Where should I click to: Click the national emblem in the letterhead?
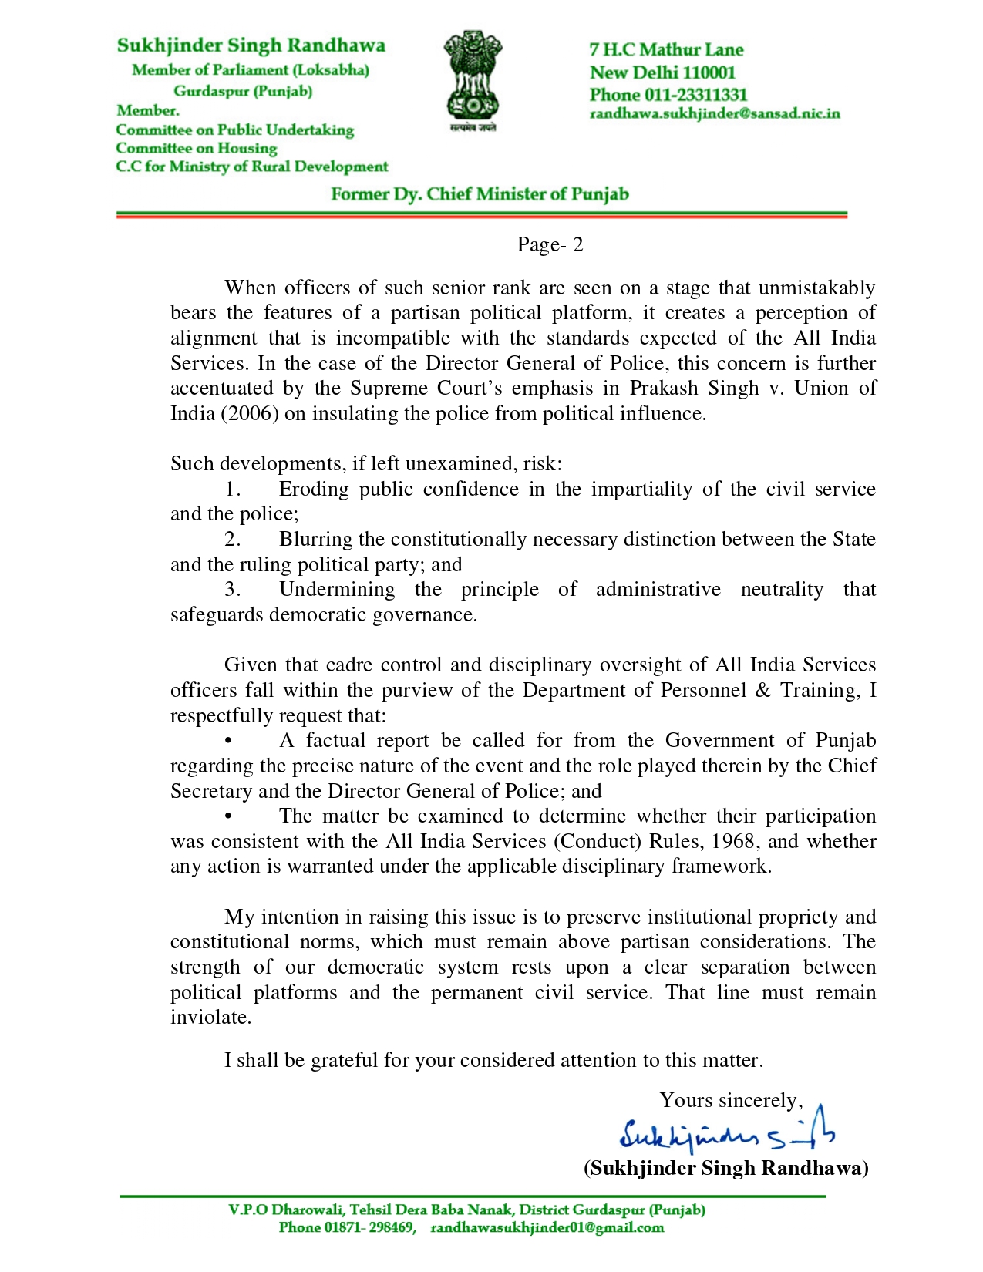click(x=472, y=80)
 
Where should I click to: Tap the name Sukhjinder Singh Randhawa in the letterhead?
click(x=251, y=45)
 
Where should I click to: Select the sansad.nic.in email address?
click(x=714, y=114)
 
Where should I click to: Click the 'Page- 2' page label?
click(x=550, y=245)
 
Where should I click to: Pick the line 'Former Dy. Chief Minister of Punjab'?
click(x=480, y=193)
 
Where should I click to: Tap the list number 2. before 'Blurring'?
click(x=233, y=540)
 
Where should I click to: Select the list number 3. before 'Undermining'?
click(x=233, y=590)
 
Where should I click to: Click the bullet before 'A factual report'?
click(x=227, y=741)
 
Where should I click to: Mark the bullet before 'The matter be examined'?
click(x=227, y=816)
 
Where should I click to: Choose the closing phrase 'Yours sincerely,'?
click(x=731, y=1100)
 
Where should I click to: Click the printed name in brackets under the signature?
click(x=725, y=1168)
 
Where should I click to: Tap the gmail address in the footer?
click(x=547, y=1227)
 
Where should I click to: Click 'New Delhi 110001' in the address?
click(x=662, y=72)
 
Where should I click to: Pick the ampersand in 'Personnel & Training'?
click(x=763, y=690)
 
